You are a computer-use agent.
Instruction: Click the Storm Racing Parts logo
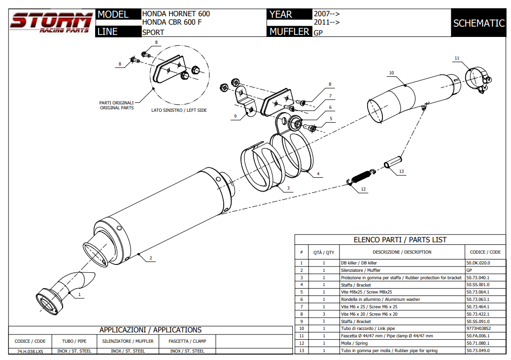click(51, 23)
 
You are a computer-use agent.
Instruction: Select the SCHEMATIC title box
click(478, 23)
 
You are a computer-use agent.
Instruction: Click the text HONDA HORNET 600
click(172, 14)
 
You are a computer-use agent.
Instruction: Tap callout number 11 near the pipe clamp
click(457, 58)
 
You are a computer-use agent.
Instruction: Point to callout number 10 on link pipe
click(391, 73)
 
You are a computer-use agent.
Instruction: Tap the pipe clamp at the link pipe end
click(477, 79)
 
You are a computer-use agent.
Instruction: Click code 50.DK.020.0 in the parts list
click(478, 263)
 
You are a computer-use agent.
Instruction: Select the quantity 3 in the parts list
click(324, 314)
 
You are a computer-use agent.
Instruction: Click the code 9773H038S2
click(478, 328)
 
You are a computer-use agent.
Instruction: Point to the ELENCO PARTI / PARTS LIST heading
click(400, 240)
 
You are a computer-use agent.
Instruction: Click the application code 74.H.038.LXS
click(30, 351)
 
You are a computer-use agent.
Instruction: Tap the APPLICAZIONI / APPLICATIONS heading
click(150, 330)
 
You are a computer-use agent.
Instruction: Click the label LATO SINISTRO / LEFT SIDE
click(179, 110)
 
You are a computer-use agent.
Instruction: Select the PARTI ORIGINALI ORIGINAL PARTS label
click(117, 105)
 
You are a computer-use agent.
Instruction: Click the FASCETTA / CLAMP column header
click(187, 341)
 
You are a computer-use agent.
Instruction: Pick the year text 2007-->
click(327, 14)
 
